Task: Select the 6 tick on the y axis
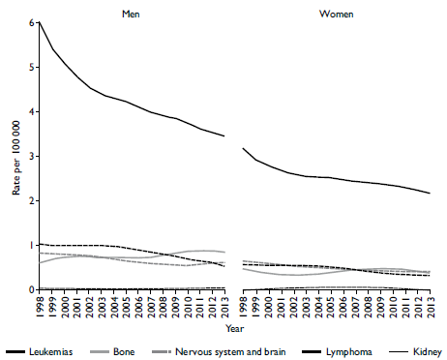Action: point(31,22)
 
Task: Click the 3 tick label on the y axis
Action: point(31,156)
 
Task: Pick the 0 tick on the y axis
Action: point(31,289)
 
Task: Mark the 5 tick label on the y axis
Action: point(31,67)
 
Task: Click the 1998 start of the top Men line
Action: point(39,22)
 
